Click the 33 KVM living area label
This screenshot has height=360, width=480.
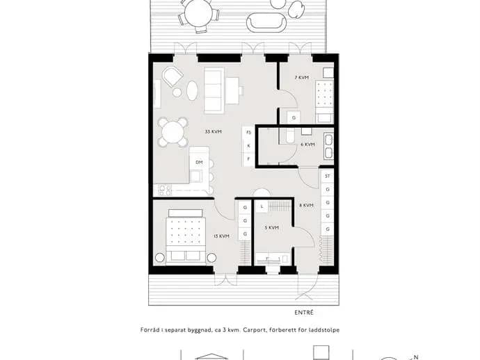[213, 132]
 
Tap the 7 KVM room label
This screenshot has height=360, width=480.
[301, 78]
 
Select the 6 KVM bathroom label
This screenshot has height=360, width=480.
[307, 145]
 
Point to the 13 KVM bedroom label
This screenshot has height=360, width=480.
[222, 236]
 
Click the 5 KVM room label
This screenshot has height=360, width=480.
[271, 228]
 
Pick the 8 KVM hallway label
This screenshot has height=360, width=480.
[306, 205]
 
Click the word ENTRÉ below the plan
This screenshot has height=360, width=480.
[304, 313]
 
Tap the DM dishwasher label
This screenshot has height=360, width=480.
[199, 163]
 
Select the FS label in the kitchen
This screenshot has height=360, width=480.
[248, 133]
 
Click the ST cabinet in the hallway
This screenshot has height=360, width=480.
[328, 176]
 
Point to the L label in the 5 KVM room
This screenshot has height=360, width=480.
[262, 206]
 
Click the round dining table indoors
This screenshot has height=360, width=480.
[173, 132]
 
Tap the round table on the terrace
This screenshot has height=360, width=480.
[198, 13]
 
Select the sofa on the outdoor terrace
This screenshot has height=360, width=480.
[266, 22]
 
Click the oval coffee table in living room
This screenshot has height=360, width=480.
[192, 90]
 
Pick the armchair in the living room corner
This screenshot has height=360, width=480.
[172, 76]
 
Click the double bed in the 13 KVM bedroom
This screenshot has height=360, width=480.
[186, 237]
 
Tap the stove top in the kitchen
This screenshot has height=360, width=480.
[165, 190]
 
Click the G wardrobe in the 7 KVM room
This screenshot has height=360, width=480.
[294, 117]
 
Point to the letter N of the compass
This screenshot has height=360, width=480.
[416, 357]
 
